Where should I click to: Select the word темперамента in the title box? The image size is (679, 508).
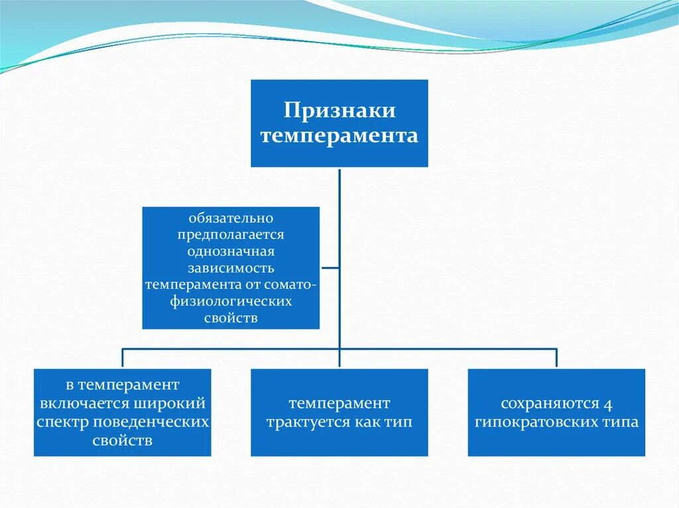click(x=339, y=136)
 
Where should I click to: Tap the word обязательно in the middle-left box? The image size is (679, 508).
click(x=231, y=218)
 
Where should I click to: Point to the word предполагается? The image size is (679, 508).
click(x=231, y=234)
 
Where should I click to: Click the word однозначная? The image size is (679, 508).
click(x=231, y=252)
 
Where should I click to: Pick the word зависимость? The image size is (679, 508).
click(x=231, y=268)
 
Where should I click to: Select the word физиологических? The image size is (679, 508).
click(x=231, y=301)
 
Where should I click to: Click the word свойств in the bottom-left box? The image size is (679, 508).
click(x=123, y=440)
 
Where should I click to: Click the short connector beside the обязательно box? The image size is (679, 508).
click(x=330, y=268)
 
